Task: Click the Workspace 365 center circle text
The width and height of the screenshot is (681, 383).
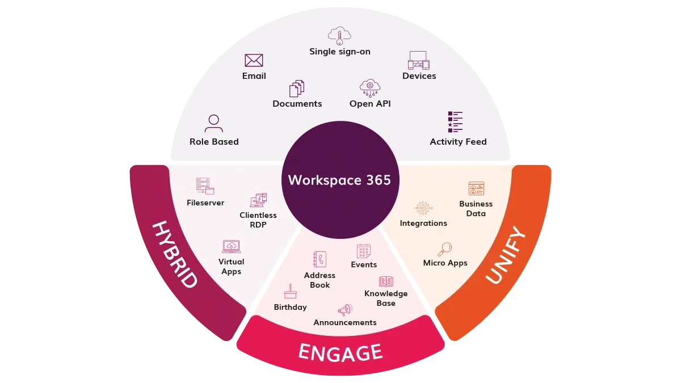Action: click(x=339, y=180)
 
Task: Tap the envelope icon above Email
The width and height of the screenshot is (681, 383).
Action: click(x=254, y=60)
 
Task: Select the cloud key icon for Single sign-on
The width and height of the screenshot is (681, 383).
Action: click(x=339, y=35)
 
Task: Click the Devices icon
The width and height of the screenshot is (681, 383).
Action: click(x=419, y=60)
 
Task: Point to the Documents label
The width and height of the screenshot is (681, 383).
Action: click(x=297, y=104)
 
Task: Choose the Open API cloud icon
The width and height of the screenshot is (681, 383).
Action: click(x=370, y=87)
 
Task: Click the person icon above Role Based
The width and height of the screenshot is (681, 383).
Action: click(x=214, y=123)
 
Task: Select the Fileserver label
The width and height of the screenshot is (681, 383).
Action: click(x=205, y=203)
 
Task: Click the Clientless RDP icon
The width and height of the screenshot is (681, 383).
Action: click(x=258, y=200)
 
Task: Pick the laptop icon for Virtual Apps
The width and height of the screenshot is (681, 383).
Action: click(x=231, y=247)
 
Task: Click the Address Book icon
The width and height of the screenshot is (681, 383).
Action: click(x=320, y=259)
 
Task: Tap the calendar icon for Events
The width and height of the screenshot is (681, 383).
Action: click(x=363, y=251)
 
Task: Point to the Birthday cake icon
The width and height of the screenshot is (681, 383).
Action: click(x=290, y=292)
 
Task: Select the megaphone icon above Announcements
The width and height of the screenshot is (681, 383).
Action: click(x=344, y=309)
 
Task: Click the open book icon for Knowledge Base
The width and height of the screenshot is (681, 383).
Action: click(x=386, y=281)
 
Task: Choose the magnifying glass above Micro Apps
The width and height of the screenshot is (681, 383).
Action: click(x=445, y=249)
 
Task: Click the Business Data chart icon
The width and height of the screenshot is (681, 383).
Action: click(x=476, y=189)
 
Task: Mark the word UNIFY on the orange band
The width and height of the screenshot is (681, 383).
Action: click(x=507, y=255)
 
